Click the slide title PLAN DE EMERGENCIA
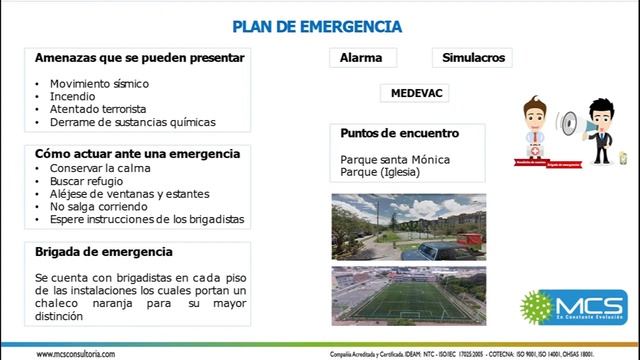click(317, 26)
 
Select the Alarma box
click(361, 58)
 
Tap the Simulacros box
click(473, 58)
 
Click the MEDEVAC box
click(418, 93)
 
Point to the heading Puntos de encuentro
click(399, 133)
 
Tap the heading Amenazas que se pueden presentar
click(139, 58)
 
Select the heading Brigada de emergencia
click(104, 252)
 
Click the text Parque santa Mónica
click(395, 160)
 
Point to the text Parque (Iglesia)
click(380, 172)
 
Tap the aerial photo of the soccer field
click(408, 295)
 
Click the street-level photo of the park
click(408, 225)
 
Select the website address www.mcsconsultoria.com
click(75, 354)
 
